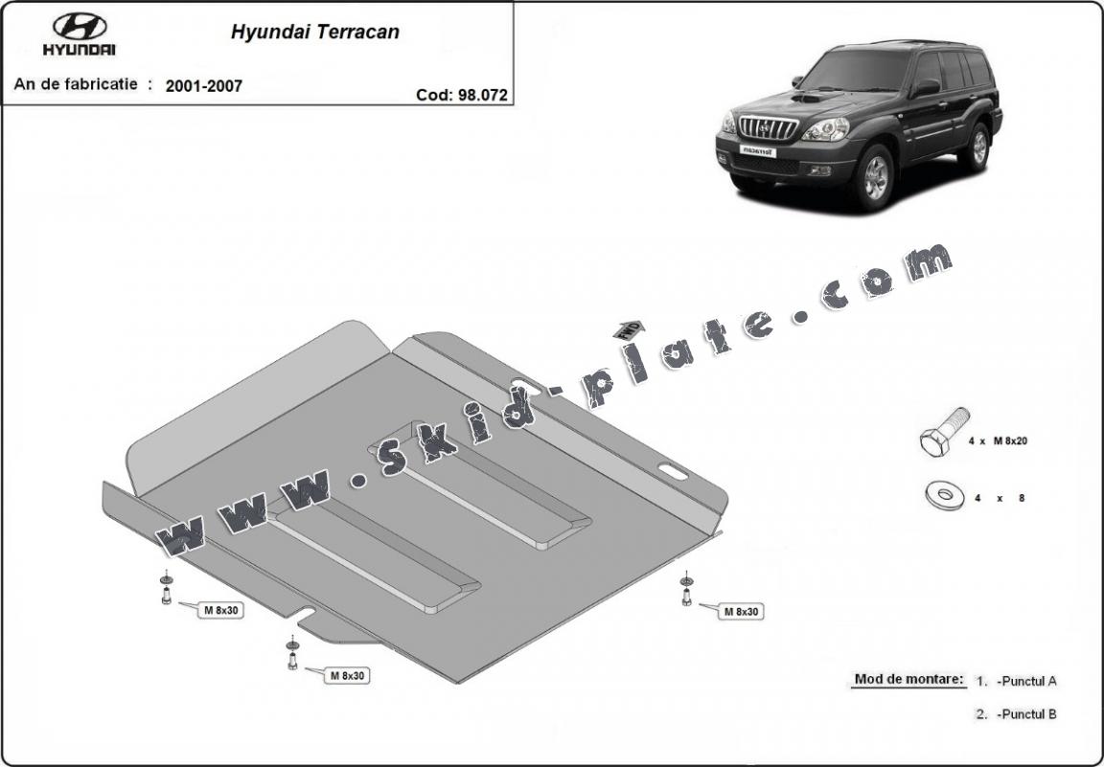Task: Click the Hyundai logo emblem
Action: pos(80,27)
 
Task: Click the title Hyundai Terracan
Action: pos(314,32)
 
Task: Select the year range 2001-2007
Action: pos(203,86)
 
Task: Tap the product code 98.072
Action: pos(482,95)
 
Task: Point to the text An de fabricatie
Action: pos(76,83)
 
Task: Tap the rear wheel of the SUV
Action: pos(977,147)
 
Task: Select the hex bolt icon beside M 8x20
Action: pos(943,432)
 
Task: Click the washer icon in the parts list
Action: pos(945,495)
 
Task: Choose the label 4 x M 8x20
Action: pos(998,441)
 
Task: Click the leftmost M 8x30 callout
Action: pos(221,610)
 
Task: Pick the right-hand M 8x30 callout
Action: pos(742,612)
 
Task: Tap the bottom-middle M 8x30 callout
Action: pos(348,675)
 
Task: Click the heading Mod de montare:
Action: pos(908,679)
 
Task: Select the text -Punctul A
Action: pos(1026,681)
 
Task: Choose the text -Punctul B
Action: pos(1026,714)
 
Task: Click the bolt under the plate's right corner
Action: pos(686,590)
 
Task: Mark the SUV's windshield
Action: pos(856,70)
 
